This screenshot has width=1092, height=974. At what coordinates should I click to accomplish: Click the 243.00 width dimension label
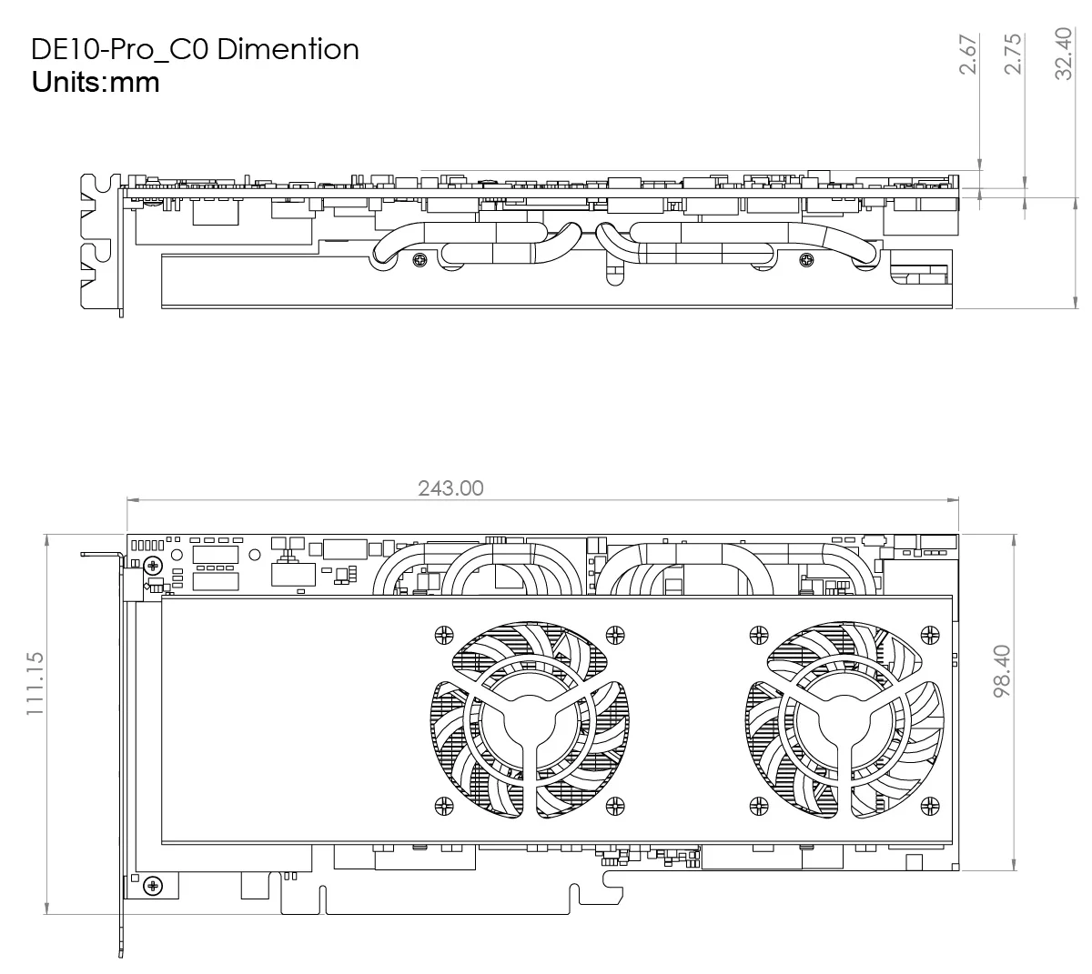pos(450,488)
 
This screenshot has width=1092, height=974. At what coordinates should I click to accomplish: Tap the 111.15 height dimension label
pos(35,682)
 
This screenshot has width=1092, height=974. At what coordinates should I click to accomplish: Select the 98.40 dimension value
pos(1002,671)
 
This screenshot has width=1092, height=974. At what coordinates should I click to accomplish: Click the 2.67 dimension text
pos(968,55)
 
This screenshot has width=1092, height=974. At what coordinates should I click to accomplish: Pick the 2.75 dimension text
pos(1013,55)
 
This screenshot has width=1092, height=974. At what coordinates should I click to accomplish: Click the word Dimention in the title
pos(288,49)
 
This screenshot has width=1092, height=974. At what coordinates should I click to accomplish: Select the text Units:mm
pos(96,83)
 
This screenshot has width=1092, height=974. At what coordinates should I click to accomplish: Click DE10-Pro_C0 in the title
pos(119,49)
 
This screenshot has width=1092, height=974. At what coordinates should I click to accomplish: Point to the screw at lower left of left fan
pos(444,804)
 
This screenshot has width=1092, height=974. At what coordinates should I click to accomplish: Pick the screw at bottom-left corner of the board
pos(153,884)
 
